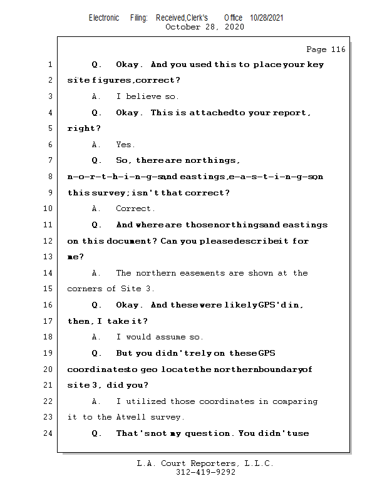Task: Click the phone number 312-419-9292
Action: click(205, 472)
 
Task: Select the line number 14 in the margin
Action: click(49, 273)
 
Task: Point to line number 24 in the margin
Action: click(49, 433)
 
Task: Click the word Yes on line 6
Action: click(125, 145)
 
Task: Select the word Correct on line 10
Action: click(135, 209)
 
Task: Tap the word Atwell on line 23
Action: click(132, 417)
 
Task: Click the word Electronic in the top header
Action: click(104, 18)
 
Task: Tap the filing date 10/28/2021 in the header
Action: click(267, 18)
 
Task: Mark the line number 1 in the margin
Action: click(49, 65)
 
